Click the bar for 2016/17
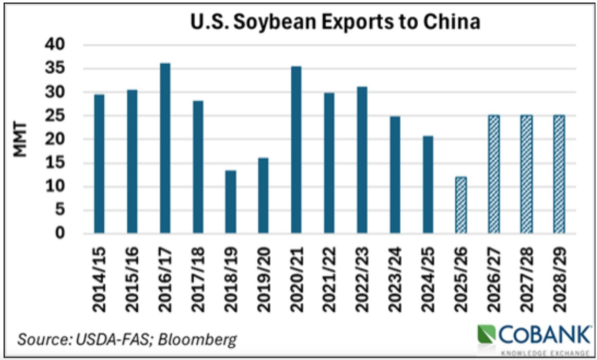tap(165, 148)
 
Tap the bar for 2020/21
tap(296, 149)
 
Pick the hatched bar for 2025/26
tap(461, 205)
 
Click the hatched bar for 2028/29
tap(559, 174)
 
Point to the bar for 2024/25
tap(428, 185)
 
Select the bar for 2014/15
tap(99, 164)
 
